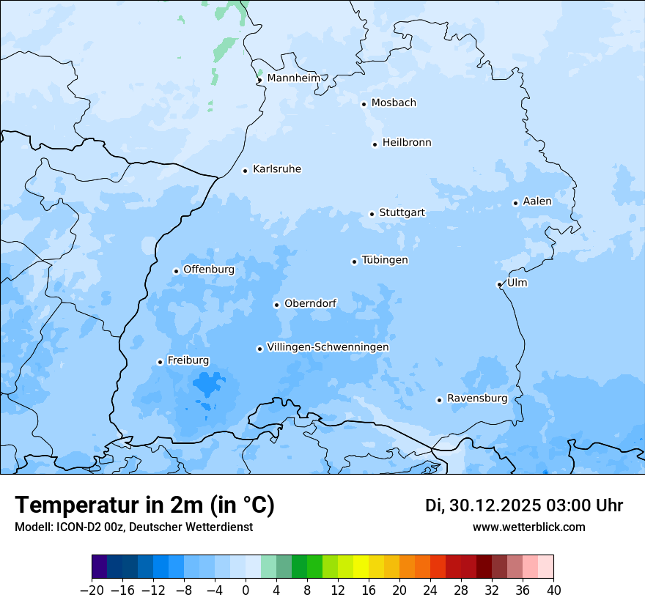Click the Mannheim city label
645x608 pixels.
pyautogui.click(x=293, y=78)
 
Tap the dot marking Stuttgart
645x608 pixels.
pyautogui.click(x=372, y=214)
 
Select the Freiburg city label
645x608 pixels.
pyautogui.click(x=188, y=360)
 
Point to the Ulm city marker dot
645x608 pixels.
pyautogui.click(x=499, y=284)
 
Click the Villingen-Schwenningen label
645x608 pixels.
pyautogui.click(x=328, y=347)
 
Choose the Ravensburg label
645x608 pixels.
pyautogui.click(x=476, y=398)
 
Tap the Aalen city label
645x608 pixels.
pyautogui.click(x=537, y=201)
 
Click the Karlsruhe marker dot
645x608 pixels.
pyautogui.click(x=245, y=171)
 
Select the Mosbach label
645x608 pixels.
pyautogui.click(x=393, y=103)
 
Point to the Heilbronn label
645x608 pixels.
pyautogui.click(x=406, y=142)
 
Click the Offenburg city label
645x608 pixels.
pyautogui.click(x=208, y=270)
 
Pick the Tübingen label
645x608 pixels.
pyautogui.click(x=384, y=260)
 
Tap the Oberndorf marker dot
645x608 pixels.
pyautogui.click(x=276, y=305)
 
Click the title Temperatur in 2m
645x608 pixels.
pyautogui.click(x=145, y=505)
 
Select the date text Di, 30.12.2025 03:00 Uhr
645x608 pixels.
pyautogui.click(x=523, y=505)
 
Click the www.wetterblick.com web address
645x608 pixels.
pyautogui.click(x=528, y=527)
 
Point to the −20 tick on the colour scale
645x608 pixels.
pyautogui.click(x=92, y=590)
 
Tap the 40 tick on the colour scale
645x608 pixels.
pyautogui.click(x=553, y=590)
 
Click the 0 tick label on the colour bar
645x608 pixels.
pyautogui.click(x=246, y=590)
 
